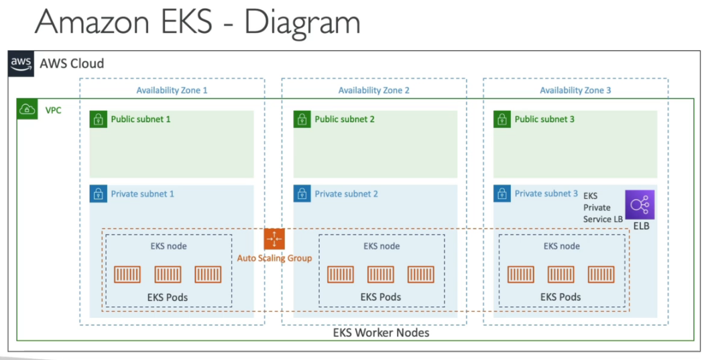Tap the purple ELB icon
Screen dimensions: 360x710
(640, 204)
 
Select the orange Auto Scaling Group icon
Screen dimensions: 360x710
(274, 239)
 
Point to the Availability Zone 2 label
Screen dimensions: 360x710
(373, 91)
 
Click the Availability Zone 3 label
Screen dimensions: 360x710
(575, 91)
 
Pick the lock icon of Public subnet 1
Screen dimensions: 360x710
(99, 119)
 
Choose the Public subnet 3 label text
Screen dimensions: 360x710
(544, 119)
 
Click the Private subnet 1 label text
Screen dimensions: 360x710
(142, 194)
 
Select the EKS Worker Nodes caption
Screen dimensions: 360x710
(381, 333)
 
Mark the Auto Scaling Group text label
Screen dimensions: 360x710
(274, 258)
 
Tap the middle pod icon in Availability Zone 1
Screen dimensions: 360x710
(168, 274)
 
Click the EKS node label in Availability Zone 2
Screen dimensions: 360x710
(381, 246)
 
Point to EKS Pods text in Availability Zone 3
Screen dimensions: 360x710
(560, 296)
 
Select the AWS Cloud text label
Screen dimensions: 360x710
(72, 64)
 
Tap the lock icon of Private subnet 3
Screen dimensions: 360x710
(502, 194)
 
